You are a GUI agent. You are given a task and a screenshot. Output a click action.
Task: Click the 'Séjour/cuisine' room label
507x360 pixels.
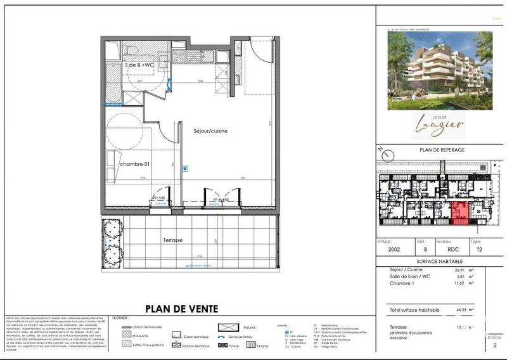pyautogui.click(x=211, y=131)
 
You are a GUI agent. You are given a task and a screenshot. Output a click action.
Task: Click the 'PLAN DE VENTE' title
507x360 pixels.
pyautogui.click(x=182, y=309)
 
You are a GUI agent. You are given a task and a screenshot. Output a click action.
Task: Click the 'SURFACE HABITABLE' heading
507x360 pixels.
pyautogui.click(x=439, y=261)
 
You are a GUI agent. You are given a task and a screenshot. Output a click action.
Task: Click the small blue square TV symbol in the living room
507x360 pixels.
pyautogui.click(x=184, y=169)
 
